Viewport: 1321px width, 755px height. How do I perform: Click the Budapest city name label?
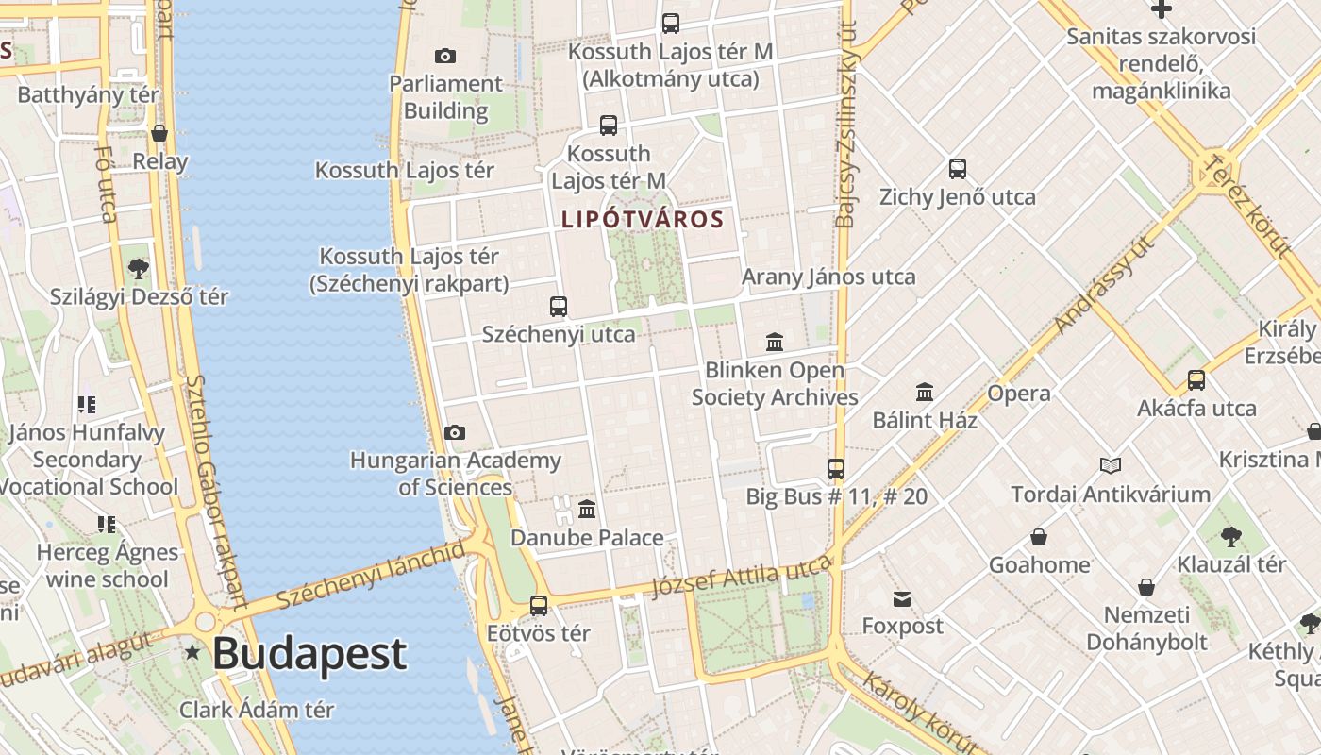[x=309, y=653]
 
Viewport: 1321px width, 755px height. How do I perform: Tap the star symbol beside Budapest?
[x=192, y=652]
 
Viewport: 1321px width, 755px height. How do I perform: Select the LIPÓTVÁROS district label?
[x=643, y=220]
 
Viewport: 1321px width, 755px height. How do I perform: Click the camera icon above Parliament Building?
[x=445, y=57]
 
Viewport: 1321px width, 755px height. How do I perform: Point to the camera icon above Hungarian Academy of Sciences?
[x=455, y=433]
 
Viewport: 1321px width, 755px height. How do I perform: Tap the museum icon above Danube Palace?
[x=587, y=510]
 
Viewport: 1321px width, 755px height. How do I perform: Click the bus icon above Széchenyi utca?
[x=559, y=307]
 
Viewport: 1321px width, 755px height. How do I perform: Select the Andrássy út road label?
[x=1105, y=284]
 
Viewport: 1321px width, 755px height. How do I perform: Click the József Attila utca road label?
[x=742, y=576]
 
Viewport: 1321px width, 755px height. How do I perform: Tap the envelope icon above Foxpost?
[x=902, y=599]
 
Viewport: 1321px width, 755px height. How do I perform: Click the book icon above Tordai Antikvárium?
[x=1111, y=466]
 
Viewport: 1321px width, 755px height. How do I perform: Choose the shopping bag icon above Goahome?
[x=1039, y=538]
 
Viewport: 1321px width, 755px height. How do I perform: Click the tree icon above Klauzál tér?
[x=1230, y=537]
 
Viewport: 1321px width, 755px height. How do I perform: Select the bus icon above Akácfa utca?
[x=1196, y=380]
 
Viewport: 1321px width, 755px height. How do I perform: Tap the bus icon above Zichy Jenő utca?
[x=958, y=170]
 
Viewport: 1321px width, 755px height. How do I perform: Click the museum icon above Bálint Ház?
[x=925, y=392]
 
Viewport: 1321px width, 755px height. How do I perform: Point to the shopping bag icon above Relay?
[x=159, y=134]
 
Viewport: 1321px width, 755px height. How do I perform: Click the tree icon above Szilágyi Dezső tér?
[x=139, y=269]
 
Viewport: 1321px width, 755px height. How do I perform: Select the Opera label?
[x=1019, y=394]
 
